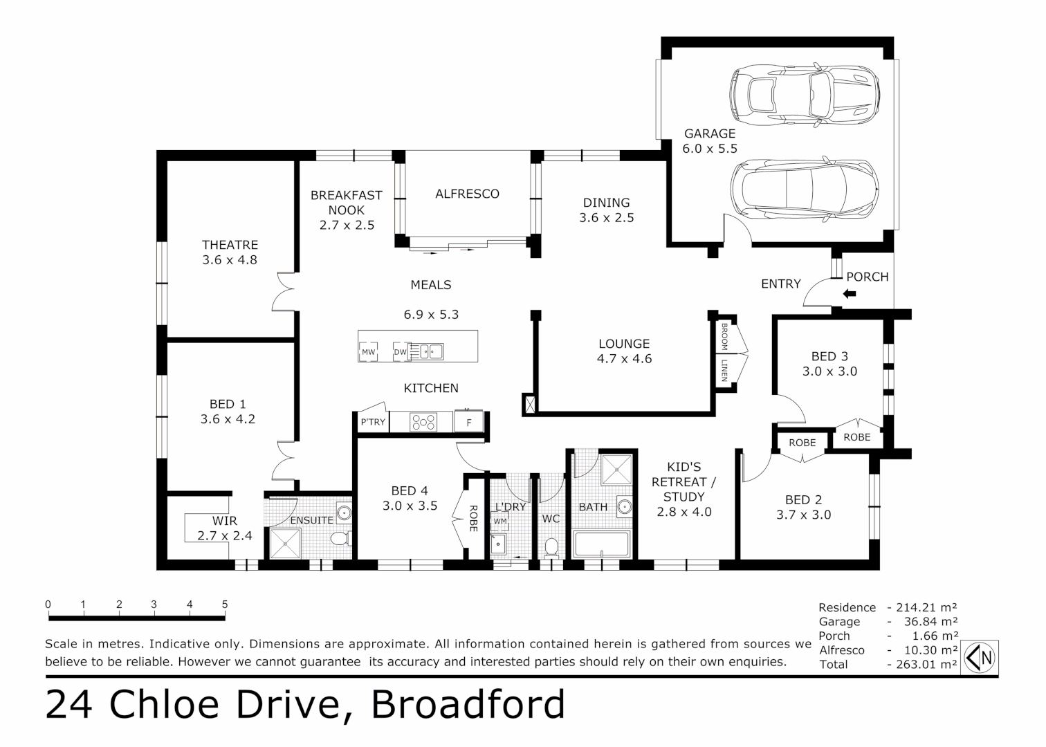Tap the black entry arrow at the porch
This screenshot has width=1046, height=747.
pyautogui.click(x=849, y=294)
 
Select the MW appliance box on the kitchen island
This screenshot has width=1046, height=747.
pyautogui.click(x=368, y=352)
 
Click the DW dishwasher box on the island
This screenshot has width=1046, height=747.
pyautogui.click(x=400, y=352)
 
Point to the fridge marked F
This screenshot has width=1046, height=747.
pyautogui.click(x=469, y=422)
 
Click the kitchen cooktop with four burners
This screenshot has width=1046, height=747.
pyautogui.click(x=423, y=422)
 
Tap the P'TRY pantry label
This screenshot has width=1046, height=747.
pyautogui.click(x=373, y=422)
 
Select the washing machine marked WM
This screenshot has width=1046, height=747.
pyautogui.click(x=499, y=522)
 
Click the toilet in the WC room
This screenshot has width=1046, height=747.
pyautogui.click(x=551, y=548)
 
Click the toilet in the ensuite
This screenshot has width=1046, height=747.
pyautogui.click(x=340, y=539)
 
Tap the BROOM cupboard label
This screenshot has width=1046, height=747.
pyautogui.click(x=724, y=336)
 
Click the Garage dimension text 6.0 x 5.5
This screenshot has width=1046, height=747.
pyautogui.click(x=710, y=149)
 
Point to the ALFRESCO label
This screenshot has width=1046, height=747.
pyautogui.click(x=467, y=194)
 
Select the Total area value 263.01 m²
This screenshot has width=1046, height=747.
pyautogui.click(x=923, y=665)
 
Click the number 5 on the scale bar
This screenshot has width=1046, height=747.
pyautogui.click(x=225, y=605)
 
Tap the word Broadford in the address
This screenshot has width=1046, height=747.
pyautogui.click(x=468, y=705)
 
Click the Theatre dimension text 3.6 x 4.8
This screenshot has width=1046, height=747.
pyautogui.click(x=230, y=260)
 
